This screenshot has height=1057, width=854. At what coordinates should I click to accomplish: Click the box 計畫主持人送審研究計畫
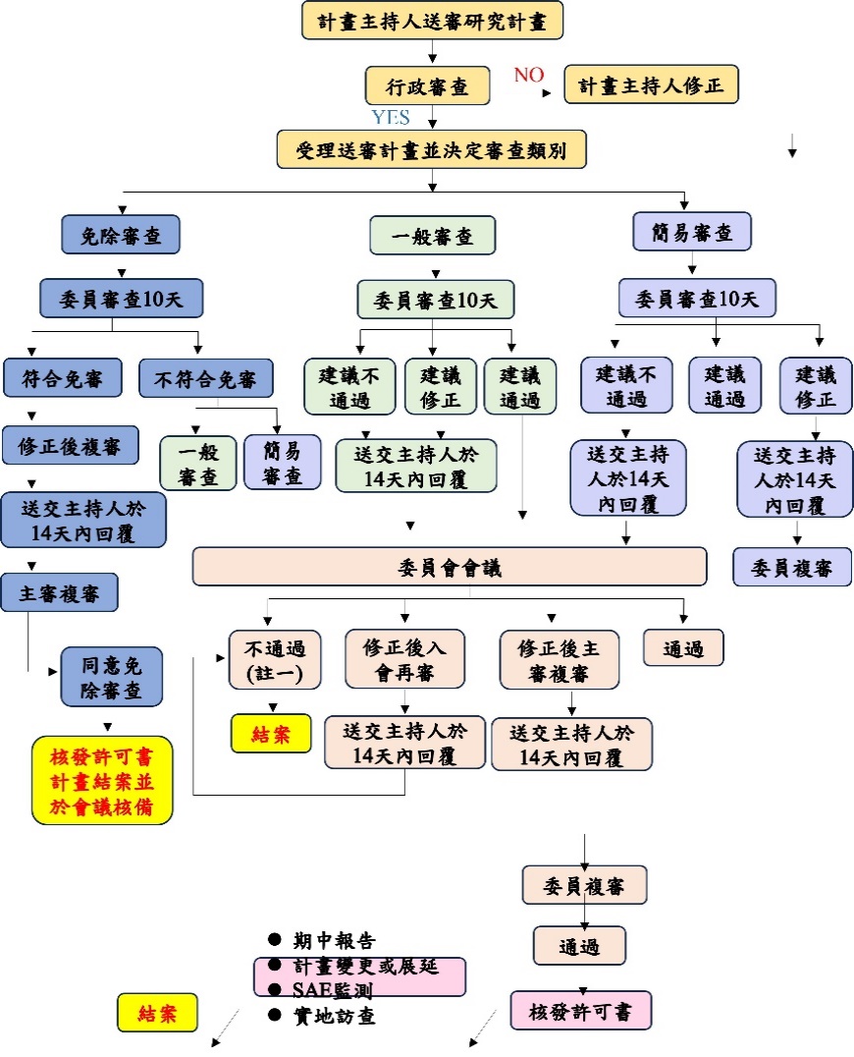click(x=433, y=20)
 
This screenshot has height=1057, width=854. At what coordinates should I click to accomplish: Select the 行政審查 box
click(x=427, y=86)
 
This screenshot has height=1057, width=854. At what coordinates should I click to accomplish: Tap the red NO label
click(x=529, y=76)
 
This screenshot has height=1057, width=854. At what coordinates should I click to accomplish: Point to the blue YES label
click(x=391, y=118)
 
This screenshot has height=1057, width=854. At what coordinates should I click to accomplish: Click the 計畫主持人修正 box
click(x=651, y=85)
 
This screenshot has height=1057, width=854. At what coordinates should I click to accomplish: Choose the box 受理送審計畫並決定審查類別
click(x=432, y=150)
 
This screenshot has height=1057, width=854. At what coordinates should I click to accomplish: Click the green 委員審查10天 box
click(x=435, y=300)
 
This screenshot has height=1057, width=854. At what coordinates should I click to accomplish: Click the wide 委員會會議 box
click(x=450, y=567)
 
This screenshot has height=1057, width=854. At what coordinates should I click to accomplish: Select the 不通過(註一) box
click(x=275, y=660)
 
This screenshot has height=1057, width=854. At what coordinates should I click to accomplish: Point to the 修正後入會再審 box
click(x=404, y=660)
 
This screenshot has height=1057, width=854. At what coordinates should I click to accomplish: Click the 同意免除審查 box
click(x=112, y=676)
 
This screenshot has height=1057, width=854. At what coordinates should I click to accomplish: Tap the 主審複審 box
click(x=60, y=592)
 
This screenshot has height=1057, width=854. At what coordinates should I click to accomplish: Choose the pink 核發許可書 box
click(x=580, y=1011)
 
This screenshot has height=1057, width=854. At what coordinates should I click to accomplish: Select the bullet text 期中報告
click(x=334, y=940)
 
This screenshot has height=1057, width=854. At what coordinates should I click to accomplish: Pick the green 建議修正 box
click(x=440, y=386)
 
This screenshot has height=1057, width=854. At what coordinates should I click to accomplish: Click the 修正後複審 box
click(x=69, y=445)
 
